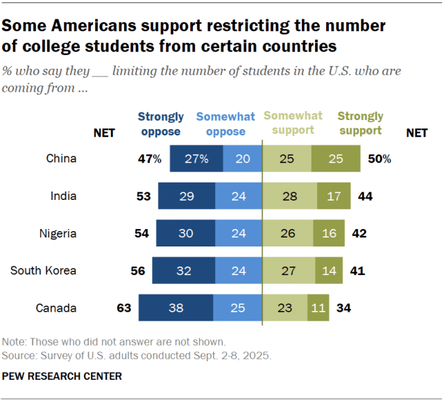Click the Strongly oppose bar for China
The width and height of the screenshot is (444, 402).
click(197, 158)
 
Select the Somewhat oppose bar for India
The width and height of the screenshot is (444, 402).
click(237, 196)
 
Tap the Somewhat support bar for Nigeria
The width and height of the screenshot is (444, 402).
click(287, 233)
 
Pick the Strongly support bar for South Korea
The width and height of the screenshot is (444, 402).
click(326, 270)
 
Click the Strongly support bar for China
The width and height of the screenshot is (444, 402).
click(336, 158)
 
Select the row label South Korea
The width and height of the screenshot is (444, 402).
click(43, 271)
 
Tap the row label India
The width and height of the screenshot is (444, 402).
click(63, 196)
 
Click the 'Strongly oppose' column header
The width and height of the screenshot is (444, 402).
click(161, 124)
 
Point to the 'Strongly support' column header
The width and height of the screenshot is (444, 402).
click(360, 124)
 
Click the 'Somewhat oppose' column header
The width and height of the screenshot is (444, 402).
click(225, 124)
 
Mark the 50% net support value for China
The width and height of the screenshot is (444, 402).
click(379, 159)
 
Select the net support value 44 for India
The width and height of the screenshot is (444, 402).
click(365, 196)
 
